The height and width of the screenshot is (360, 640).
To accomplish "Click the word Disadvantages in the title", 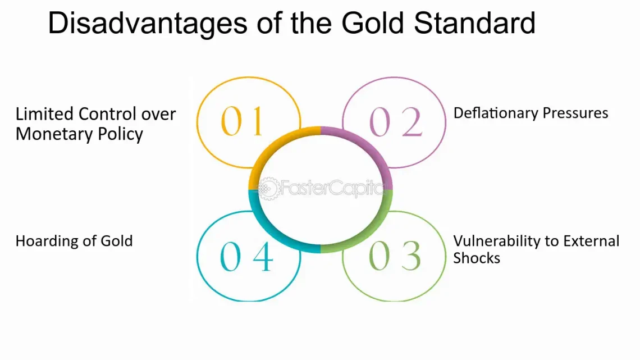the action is pos(148,24).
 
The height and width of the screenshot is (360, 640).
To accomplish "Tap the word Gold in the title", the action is pos(373,23).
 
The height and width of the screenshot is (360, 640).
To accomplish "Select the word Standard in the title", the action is pos(474,23).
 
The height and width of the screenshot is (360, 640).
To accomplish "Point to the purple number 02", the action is pos(395,122).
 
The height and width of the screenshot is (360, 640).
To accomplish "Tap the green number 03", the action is pos(394,256).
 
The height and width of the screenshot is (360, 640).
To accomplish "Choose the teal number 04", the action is pos(246,256).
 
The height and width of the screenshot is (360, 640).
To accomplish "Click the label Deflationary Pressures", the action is pos(531,113).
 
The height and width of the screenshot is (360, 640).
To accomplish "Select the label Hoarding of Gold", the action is pos(74,241).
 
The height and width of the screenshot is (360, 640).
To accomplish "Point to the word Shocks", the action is pos(476,258).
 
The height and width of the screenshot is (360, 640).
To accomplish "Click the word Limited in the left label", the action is pos(44,114).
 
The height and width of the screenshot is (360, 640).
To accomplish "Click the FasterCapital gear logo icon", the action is pos(269,188).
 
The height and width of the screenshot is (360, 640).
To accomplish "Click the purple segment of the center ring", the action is pos(369,146).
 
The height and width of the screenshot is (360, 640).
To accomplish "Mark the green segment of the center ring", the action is pos(369,233).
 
